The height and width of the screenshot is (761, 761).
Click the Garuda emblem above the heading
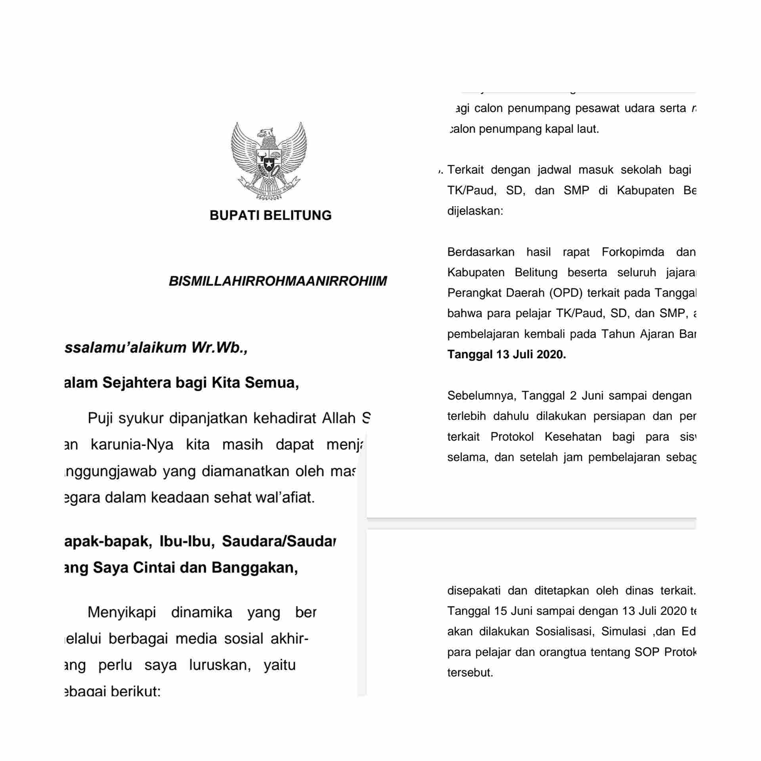269,161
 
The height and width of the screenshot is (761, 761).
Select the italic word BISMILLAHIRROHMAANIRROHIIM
277,281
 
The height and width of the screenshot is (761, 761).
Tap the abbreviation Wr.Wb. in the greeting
219,348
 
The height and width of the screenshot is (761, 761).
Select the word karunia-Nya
132,445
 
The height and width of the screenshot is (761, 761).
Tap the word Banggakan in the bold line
254,568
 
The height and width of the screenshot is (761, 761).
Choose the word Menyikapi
122,613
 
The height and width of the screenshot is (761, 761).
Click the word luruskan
220,665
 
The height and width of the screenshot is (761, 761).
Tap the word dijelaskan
475,211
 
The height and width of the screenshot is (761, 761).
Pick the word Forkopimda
633,252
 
